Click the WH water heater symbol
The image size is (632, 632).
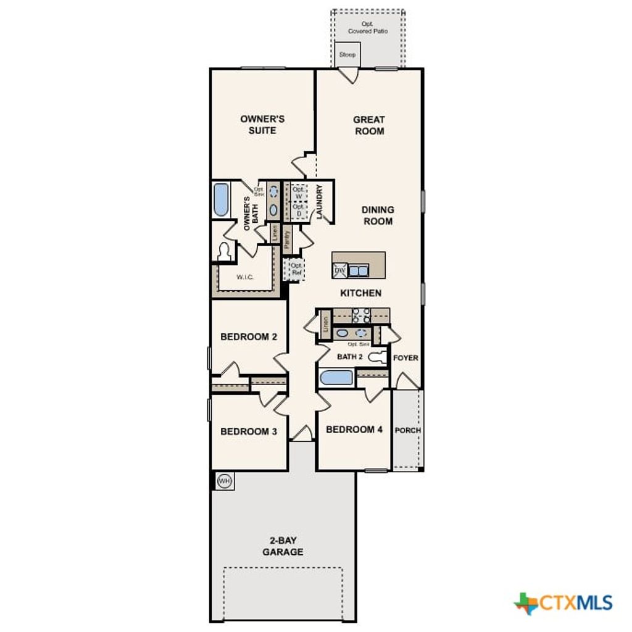225,481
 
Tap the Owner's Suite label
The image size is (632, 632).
262,125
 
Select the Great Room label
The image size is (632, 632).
369,125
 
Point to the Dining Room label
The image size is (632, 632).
378,215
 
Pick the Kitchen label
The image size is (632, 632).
360,293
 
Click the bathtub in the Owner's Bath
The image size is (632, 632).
221,200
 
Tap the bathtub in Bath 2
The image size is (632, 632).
336,378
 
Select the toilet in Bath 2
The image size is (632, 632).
377,357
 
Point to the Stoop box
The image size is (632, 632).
347,54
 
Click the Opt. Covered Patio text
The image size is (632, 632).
368,28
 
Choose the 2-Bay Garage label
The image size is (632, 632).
283,546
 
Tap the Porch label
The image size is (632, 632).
407,430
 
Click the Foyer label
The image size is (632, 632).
405,358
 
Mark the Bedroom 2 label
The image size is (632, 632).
249,337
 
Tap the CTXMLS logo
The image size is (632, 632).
563,602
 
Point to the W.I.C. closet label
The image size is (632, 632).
245,277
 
